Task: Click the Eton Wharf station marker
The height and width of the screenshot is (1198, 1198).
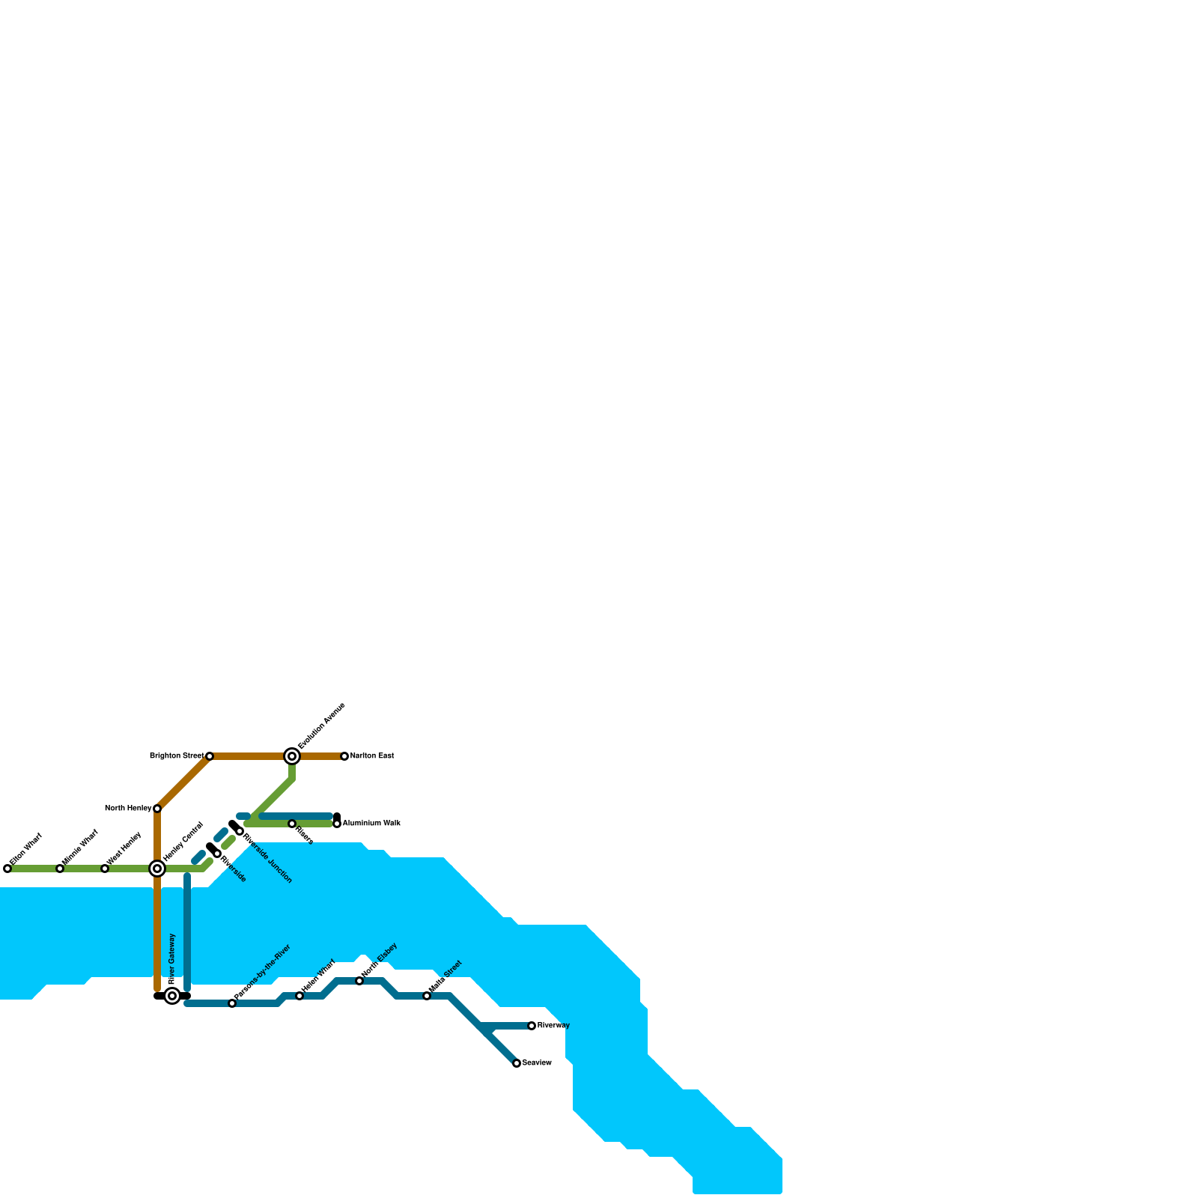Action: point(7,869)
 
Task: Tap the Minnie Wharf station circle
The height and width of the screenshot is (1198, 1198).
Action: point(60,869)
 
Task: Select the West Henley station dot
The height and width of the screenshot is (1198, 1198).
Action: point(105,869)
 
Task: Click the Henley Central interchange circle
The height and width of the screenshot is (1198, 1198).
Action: point(157,869)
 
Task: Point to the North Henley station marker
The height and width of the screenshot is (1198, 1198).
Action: point(157,809)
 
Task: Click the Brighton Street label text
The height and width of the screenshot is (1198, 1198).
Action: point(176,756)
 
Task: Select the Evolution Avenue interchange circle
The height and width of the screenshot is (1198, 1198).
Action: point(292,756)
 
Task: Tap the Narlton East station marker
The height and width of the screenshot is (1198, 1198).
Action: point(344,756)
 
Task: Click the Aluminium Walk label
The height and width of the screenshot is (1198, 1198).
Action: point(371,824)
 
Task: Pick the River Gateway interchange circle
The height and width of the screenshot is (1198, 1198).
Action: point(172,996)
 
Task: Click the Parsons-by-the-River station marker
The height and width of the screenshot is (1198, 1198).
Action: point(232,1003)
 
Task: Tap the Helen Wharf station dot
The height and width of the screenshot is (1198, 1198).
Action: point(299,996)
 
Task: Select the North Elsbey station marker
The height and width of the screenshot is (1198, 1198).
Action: point(359,981)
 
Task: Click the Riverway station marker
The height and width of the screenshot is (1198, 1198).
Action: point(532,1026)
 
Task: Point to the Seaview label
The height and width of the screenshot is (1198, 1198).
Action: point(537,1063)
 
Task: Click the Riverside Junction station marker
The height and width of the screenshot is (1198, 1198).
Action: point(240,831)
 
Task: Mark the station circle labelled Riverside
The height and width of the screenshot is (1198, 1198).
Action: point(217,854)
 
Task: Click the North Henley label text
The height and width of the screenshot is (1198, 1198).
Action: point(128,809)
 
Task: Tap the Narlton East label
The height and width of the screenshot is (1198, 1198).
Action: point(372,756)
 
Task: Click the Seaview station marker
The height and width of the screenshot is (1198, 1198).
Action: point(517,1063)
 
